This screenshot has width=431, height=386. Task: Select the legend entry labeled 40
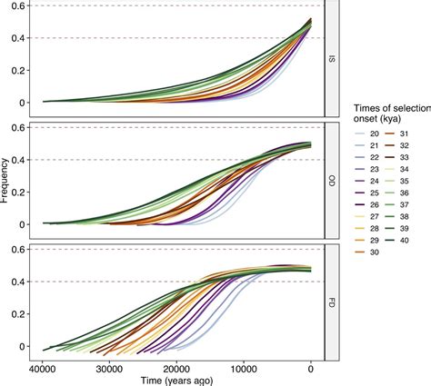407,241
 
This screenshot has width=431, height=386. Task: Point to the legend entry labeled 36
407,192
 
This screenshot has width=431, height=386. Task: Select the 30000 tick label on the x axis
110,369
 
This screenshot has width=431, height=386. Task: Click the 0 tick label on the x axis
311,369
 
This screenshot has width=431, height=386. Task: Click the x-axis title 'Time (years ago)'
176,381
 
